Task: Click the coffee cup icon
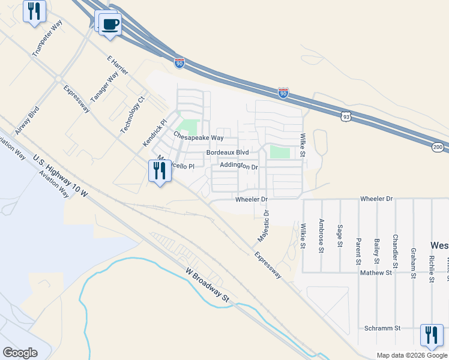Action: (x=109, y=25)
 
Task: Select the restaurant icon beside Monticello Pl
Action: (x=159, y=172)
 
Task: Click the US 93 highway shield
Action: (x=346, y=118)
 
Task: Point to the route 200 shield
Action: (x=437, y=147)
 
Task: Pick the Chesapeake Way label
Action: (x=190, y=137)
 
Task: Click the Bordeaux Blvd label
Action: (x=228, y=153)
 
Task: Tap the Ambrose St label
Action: (x=322, y=235)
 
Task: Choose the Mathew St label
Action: (x=376, y=272)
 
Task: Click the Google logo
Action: (x=20, y=353)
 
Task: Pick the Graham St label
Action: (x=413, y=264)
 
